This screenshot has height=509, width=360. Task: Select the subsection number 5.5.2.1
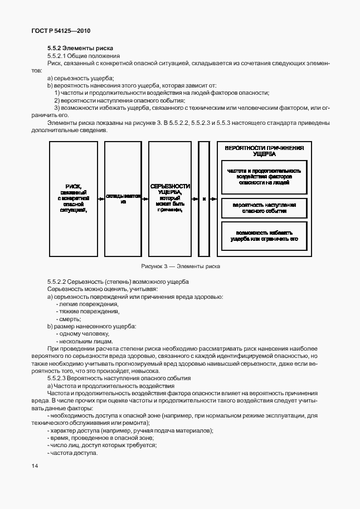click(x=59, y=56)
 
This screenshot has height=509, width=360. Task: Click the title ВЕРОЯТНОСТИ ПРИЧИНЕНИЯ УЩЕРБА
click(x=264, y=151)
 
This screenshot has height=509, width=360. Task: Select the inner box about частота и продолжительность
click(x=264, y=176)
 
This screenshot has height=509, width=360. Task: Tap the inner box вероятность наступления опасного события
click(x=264, y=208)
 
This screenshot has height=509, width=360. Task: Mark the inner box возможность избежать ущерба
click(x=264, y=235)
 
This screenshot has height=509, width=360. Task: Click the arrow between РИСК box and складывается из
click(x=101, y=198)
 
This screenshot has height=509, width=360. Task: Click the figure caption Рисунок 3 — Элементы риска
click(x=180, y=266)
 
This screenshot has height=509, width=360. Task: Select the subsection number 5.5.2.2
click(x=59, y=282)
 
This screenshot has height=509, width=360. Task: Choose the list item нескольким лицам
click(x=86, y=341)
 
